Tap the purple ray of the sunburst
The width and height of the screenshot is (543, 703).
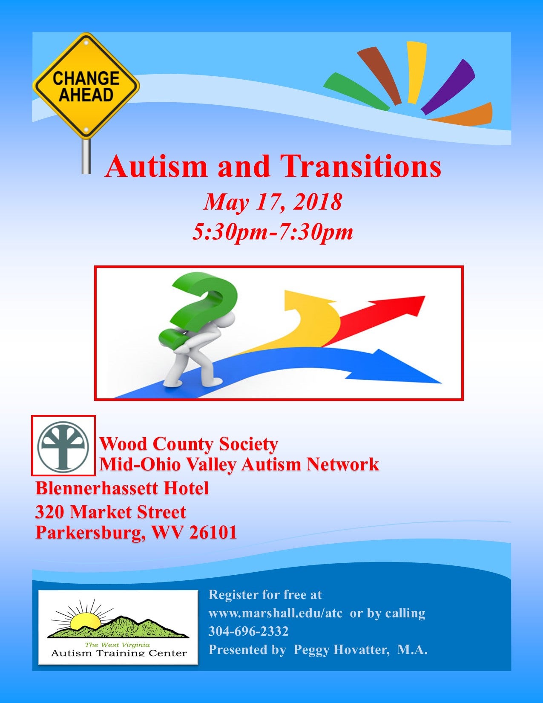click(448, 86)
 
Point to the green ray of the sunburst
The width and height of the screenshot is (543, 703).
click(356, 92)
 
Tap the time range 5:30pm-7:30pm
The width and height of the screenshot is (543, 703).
click(273, 232)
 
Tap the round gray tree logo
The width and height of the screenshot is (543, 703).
click(63, 446)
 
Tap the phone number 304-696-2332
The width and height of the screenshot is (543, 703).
click(248, 631)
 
